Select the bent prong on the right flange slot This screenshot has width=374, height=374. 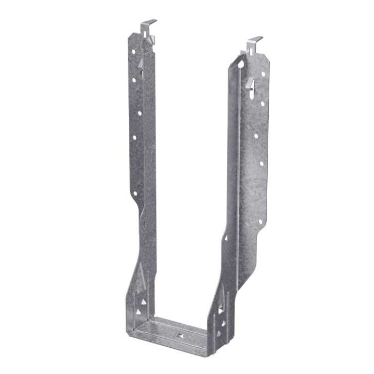click(251, 84)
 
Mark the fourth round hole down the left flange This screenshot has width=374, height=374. click(134, 138)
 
